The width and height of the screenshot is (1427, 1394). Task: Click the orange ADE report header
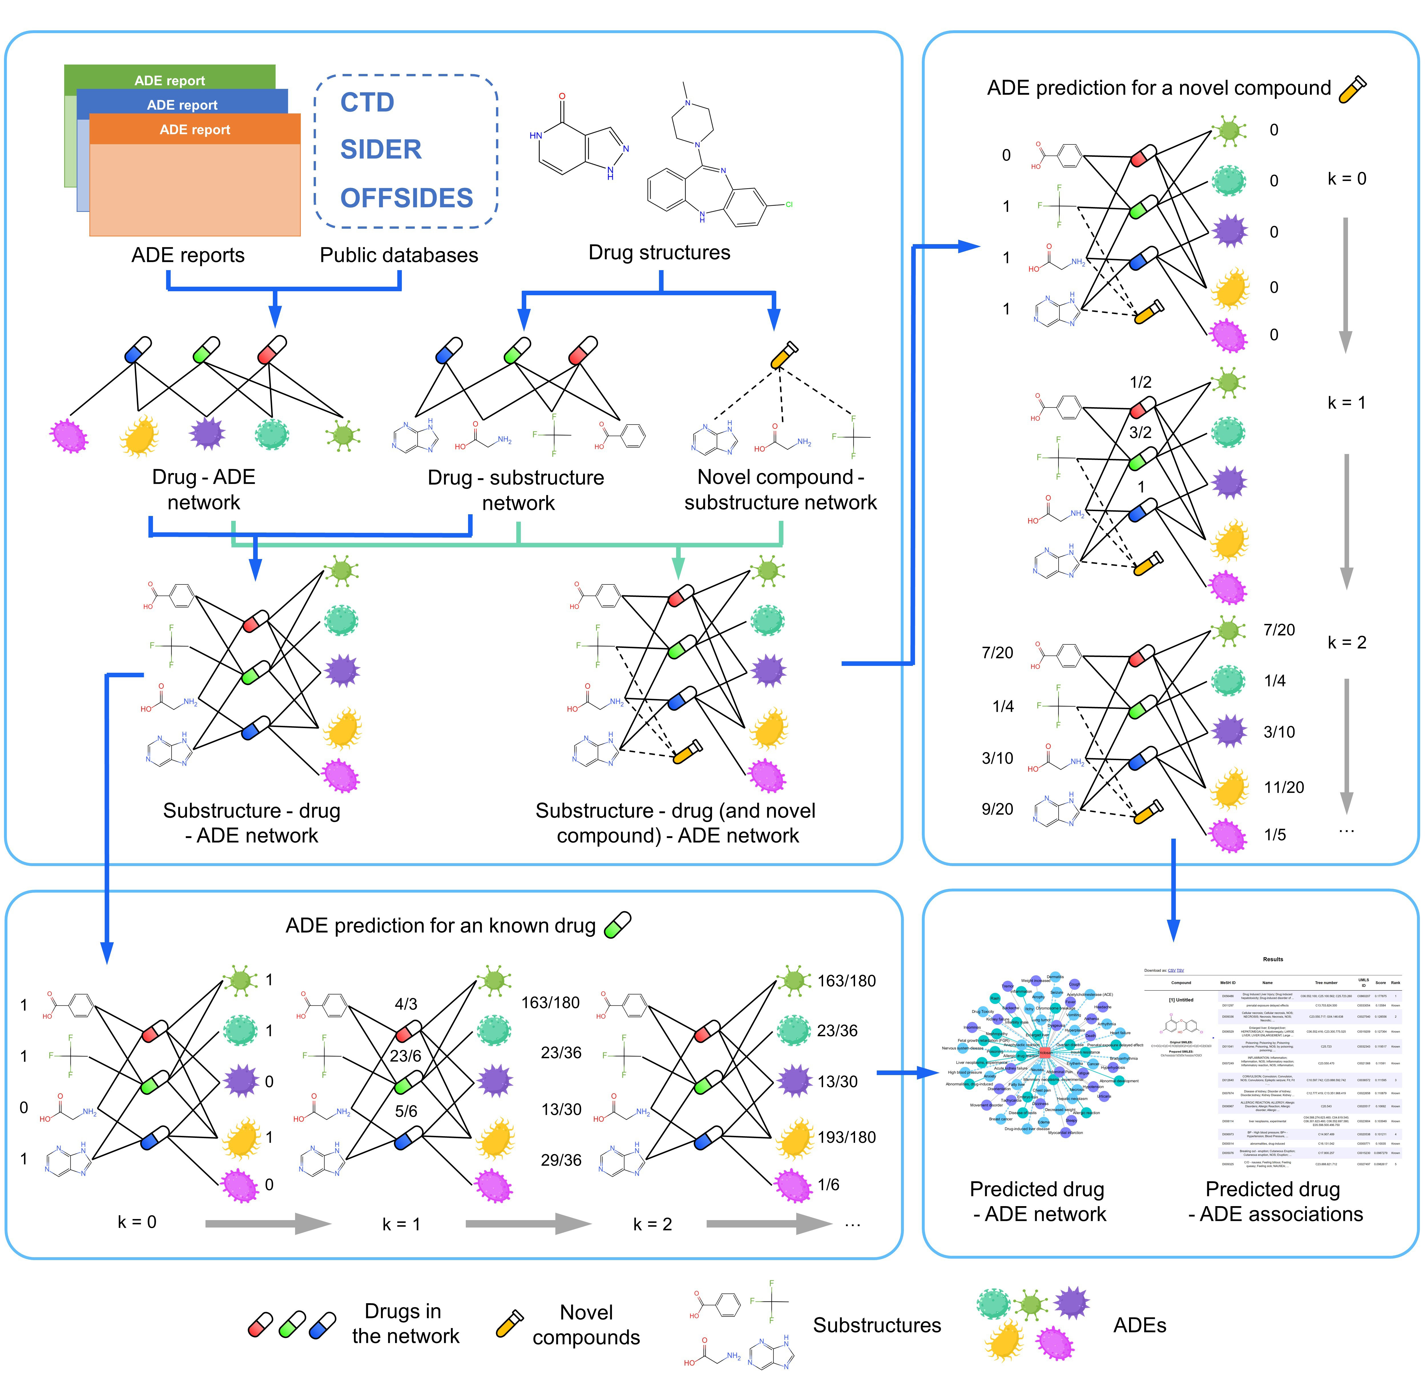[195, 130]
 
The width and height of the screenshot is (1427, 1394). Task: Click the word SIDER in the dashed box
[380, 149]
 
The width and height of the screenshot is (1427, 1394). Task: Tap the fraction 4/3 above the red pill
[406, 1004]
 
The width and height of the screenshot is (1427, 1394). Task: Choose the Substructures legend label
[877, 1325]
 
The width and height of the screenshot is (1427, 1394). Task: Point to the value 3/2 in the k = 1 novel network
[1140, 433]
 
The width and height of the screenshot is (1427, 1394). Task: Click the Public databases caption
[399, 256]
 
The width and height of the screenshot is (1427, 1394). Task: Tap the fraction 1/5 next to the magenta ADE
[1275, 835]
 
